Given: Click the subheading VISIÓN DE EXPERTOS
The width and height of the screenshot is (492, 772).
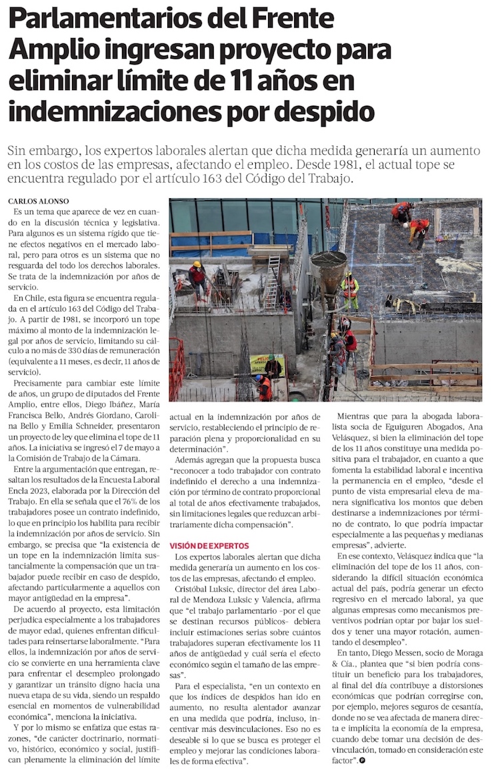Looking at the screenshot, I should [209, 545].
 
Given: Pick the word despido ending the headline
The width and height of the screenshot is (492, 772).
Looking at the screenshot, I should [327, 110].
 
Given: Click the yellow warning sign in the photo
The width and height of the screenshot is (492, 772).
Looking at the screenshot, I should [265, 364].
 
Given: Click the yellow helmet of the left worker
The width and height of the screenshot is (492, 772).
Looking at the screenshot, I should [197, 264].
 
